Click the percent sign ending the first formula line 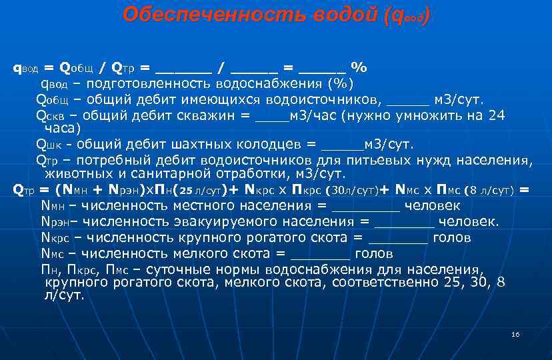tap(359, 67)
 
